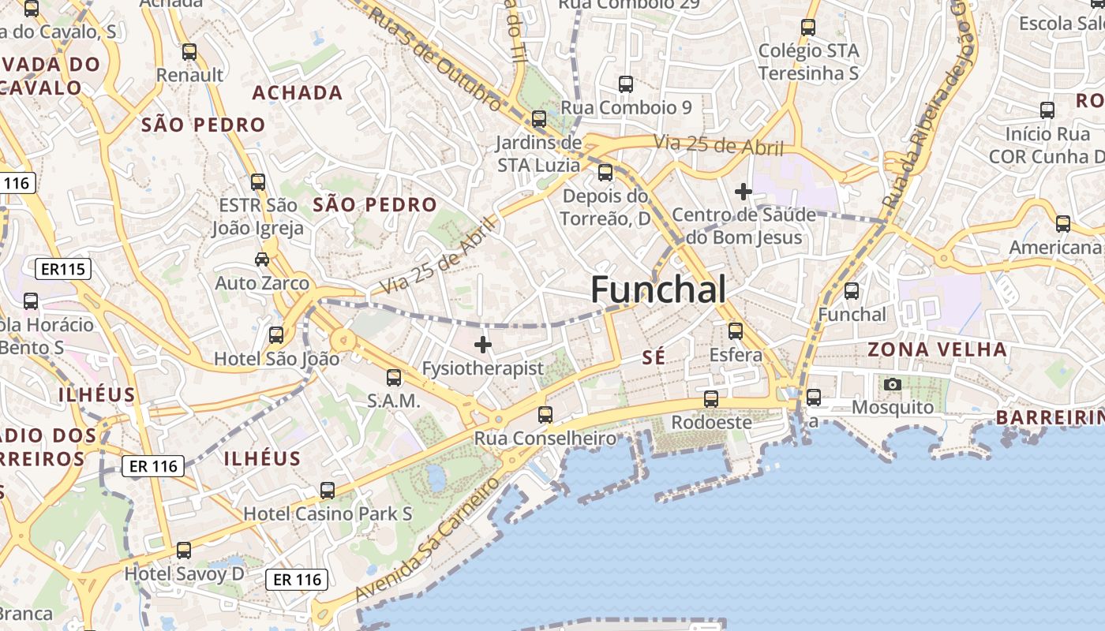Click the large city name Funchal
click(x=658, y=289)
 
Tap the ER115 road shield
click(x=63, y=270)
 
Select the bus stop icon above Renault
click(x=189, y=52)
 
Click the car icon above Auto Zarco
click(x=261, y=259)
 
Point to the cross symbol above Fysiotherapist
click(x=483, y=345)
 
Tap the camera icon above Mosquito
click(x=893, y=384)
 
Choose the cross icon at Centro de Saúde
click(x=743, y=191)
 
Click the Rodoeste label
click(x=711, y=423)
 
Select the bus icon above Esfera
click(x=736, y=330)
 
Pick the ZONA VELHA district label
click(x=937, y=349)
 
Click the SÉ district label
click(x=654, y=357)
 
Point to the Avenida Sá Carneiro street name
click(x=429, y=538)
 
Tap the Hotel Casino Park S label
click(x=328, y=513)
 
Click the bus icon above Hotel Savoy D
click(x=184, y=550)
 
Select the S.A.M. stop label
click(x=394, y=401)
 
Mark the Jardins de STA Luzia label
click(x=539, y=154)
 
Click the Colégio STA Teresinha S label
click(x=808, y=62)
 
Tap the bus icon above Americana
click(x=1063, y=224)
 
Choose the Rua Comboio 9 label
click(x=626, y=107)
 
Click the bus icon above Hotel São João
click(x=276, y=334)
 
